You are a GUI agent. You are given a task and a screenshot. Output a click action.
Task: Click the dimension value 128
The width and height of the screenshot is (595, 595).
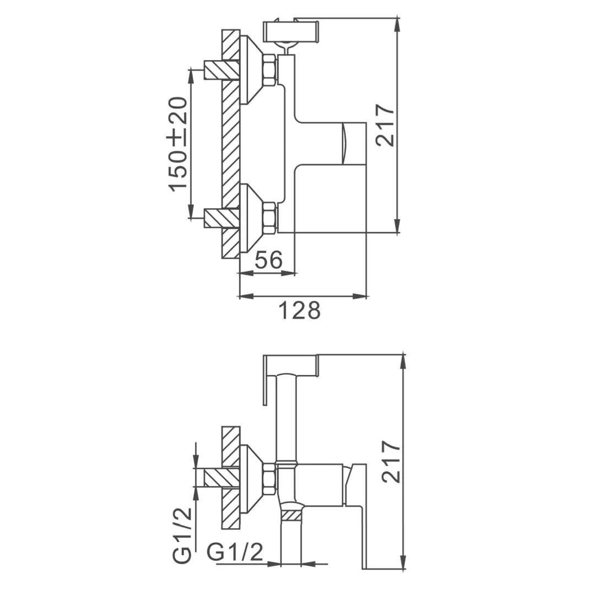click(299, 310)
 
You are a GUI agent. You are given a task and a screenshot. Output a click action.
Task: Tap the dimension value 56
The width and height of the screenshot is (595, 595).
click(269, 260)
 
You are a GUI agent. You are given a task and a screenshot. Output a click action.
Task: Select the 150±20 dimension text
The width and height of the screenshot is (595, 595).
click(178, 144)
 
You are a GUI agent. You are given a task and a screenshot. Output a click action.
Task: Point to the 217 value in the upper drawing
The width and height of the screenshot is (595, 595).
click(385, 125)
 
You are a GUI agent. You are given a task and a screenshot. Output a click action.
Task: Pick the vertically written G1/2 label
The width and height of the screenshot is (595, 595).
click(182, 535)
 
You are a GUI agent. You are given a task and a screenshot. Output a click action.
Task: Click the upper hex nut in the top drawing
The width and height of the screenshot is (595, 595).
click(269, 69)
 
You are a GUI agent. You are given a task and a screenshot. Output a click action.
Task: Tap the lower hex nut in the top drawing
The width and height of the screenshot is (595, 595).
click(269, 218)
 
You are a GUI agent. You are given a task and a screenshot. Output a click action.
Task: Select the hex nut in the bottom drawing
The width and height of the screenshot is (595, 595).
click(269, 478)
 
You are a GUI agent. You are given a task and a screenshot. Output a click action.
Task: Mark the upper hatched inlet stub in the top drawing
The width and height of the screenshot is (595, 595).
click(221, 69)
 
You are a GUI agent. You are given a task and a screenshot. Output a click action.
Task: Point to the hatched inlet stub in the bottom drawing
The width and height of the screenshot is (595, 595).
click(221, 477)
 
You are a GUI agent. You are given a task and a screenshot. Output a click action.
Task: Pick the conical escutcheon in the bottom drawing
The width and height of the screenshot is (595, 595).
click(251, 477)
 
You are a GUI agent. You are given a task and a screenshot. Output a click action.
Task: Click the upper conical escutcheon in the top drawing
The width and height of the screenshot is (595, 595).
click(251, 69)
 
